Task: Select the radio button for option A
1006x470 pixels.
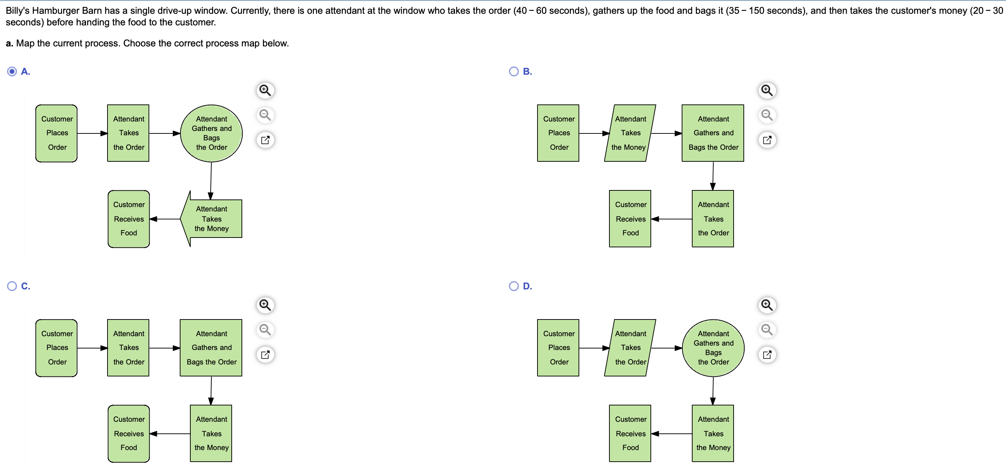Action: [x=12, y=71]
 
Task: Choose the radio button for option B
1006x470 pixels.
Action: [x=514, y=71]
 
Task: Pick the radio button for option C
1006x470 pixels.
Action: [x=12, y=286]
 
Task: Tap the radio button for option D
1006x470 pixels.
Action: [x=514, y=286]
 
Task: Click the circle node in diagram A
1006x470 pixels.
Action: [x=211, y=133]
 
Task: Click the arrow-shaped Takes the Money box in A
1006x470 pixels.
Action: [x=211, y=219]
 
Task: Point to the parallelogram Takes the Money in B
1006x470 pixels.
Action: [x=630, y=133]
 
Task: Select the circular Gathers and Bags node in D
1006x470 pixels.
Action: [x=713, y=348]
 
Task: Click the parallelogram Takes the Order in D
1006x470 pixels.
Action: [x=630, y=347]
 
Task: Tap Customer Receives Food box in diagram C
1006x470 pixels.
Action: [x=129, y=433]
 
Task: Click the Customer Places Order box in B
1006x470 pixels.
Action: [x=558, y=133]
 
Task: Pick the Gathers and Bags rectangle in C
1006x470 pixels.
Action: [x=211, y=347]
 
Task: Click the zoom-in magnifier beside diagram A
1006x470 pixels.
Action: [x=265, y=90]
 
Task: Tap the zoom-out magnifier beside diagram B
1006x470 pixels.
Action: [x=767, y=115]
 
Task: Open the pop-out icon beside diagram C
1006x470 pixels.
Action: [x=265, y=355]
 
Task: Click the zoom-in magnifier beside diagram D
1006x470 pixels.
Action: [x=767, y=305]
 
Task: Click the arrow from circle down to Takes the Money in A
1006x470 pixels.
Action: [x=211, y=181]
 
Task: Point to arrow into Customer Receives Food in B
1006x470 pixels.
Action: [x=672, y=219]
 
